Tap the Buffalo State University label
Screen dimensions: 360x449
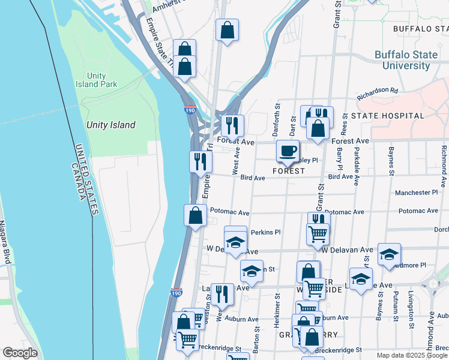point(406,60)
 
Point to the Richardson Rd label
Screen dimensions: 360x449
point(377,94)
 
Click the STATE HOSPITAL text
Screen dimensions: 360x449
point(387,115)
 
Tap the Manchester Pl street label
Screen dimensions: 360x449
point(417,193)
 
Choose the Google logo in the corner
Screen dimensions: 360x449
point(20,353)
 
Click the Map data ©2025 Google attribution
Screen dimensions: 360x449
point(412,355)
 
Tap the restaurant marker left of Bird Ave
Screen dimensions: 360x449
point(200,161)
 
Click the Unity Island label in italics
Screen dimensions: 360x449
point(110,125)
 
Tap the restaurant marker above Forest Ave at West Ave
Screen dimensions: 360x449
point(232,125)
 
